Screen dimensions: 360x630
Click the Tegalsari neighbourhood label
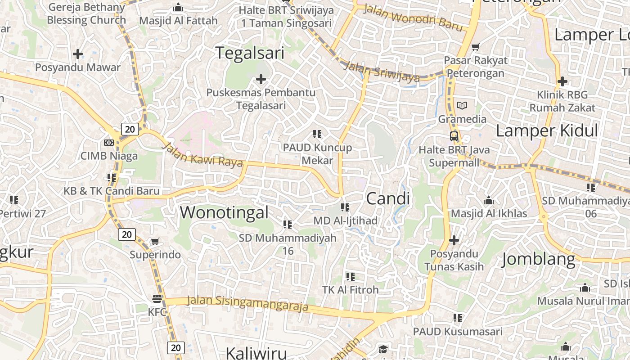pyautogui.click(x=250, y=53)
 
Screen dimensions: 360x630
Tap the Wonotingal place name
pyautogui.click(x=224, y=212)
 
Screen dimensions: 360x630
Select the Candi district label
pyautogui.click(x=388, y=198)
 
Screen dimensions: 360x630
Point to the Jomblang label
pyautogui.click(x=538, y=259)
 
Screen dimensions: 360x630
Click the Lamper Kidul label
pyautogui.click(x=547, y=130)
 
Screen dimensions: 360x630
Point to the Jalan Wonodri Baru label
pyautogui.click(x=413, y=18)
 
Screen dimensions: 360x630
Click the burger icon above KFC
pyautogui.click(x=157, y=298)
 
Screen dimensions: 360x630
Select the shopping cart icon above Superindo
pyautogui.click(x=155, y=242)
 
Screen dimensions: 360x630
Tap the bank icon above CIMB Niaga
pyautogui.click(x=108, y=143)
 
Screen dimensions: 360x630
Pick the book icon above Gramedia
pyautogui.click(x=462, y=106)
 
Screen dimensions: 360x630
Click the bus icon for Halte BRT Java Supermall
pyautogui.click(x=454, y=136)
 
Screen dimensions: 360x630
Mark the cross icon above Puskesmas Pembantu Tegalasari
pyautogui.click(x=261, y=80)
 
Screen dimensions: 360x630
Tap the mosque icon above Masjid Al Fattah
pyautogui.click(x=178, y=8)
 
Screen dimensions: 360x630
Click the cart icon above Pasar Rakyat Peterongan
pyautogui.click(x=475, y=47)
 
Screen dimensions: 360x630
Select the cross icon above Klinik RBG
pyautogui.click(x=562, y=81)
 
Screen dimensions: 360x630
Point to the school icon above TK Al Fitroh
pyautogui.click(x=350, y=276)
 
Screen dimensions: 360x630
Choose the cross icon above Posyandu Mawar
pyautogui.click(x=78, y=54)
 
